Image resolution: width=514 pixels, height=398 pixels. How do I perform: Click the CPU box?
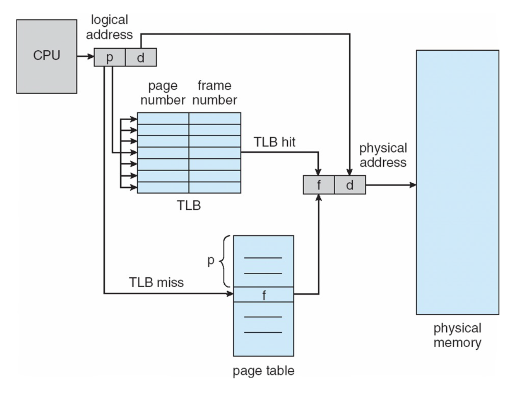(x=46, y=56)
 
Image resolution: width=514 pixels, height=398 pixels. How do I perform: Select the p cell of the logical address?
(x=109, y=57)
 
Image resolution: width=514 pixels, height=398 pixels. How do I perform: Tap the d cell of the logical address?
(x=141, y=57)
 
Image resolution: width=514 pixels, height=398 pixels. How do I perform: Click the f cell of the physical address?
(x=319, y=185)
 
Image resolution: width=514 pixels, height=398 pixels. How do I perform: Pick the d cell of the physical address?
(x=350, y=185)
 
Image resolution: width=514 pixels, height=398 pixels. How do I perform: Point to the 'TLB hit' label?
(x=274, y=142)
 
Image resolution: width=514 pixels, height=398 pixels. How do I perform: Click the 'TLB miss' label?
(x=156, y=282)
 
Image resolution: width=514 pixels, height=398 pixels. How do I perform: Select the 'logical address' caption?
(x=109, y=27)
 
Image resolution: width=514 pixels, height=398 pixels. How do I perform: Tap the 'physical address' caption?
(x=383, y=155)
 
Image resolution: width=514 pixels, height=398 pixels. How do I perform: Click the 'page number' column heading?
(x=163, y=93)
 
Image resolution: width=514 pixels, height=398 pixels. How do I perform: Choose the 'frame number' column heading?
(x=214, y=93)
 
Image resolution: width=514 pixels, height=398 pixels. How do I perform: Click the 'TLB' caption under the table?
(x=189, y=205)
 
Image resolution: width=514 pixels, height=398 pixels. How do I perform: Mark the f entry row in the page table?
(x=263, y=295)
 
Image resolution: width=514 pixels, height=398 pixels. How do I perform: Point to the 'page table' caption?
(x=263, y=370)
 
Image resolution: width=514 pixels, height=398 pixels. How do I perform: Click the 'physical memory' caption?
(x=457, y=335)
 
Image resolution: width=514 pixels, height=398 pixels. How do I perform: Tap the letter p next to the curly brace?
(x=211, y=260)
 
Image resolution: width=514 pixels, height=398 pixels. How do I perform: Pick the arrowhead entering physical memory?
(x=413, y=185)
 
